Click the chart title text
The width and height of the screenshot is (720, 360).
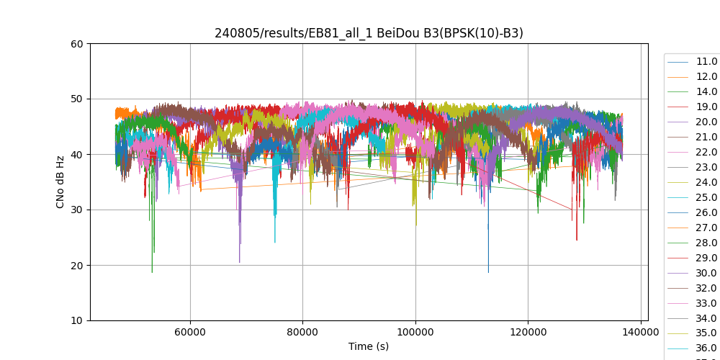[369, 33]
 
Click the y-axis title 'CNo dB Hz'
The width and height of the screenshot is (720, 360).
[60, 182]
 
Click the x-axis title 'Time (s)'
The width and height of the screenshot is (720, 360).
[369, 346]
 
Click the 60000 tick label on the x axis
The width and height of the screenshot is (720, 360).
[190, 332]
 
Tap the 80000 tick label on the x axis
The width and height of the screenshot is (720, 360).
[302, 332]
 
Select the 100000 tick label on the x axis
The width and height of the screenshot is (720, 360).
[415, 332]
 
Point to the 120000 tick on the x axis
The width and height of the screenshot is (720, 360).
[528, 332]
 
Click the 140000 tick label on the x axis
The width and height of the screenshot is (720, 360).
[640, 332]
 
